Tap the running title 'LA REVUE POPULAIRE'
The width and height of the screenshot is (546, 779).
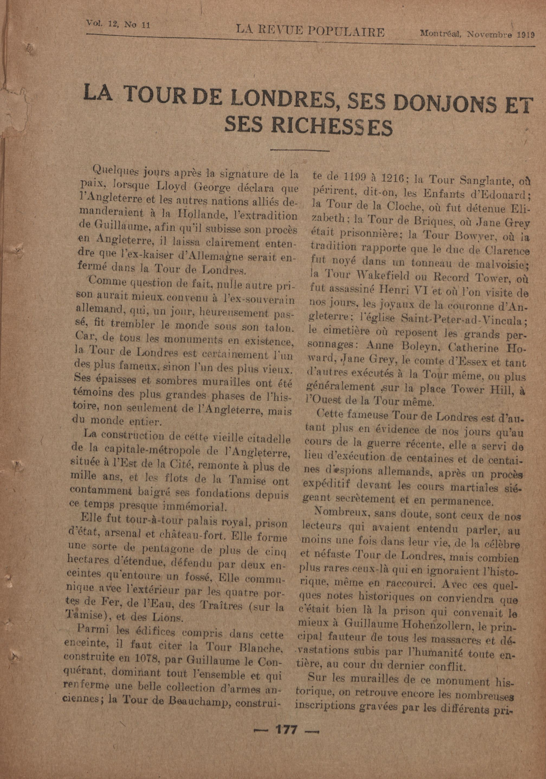(x=310, y=32)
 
